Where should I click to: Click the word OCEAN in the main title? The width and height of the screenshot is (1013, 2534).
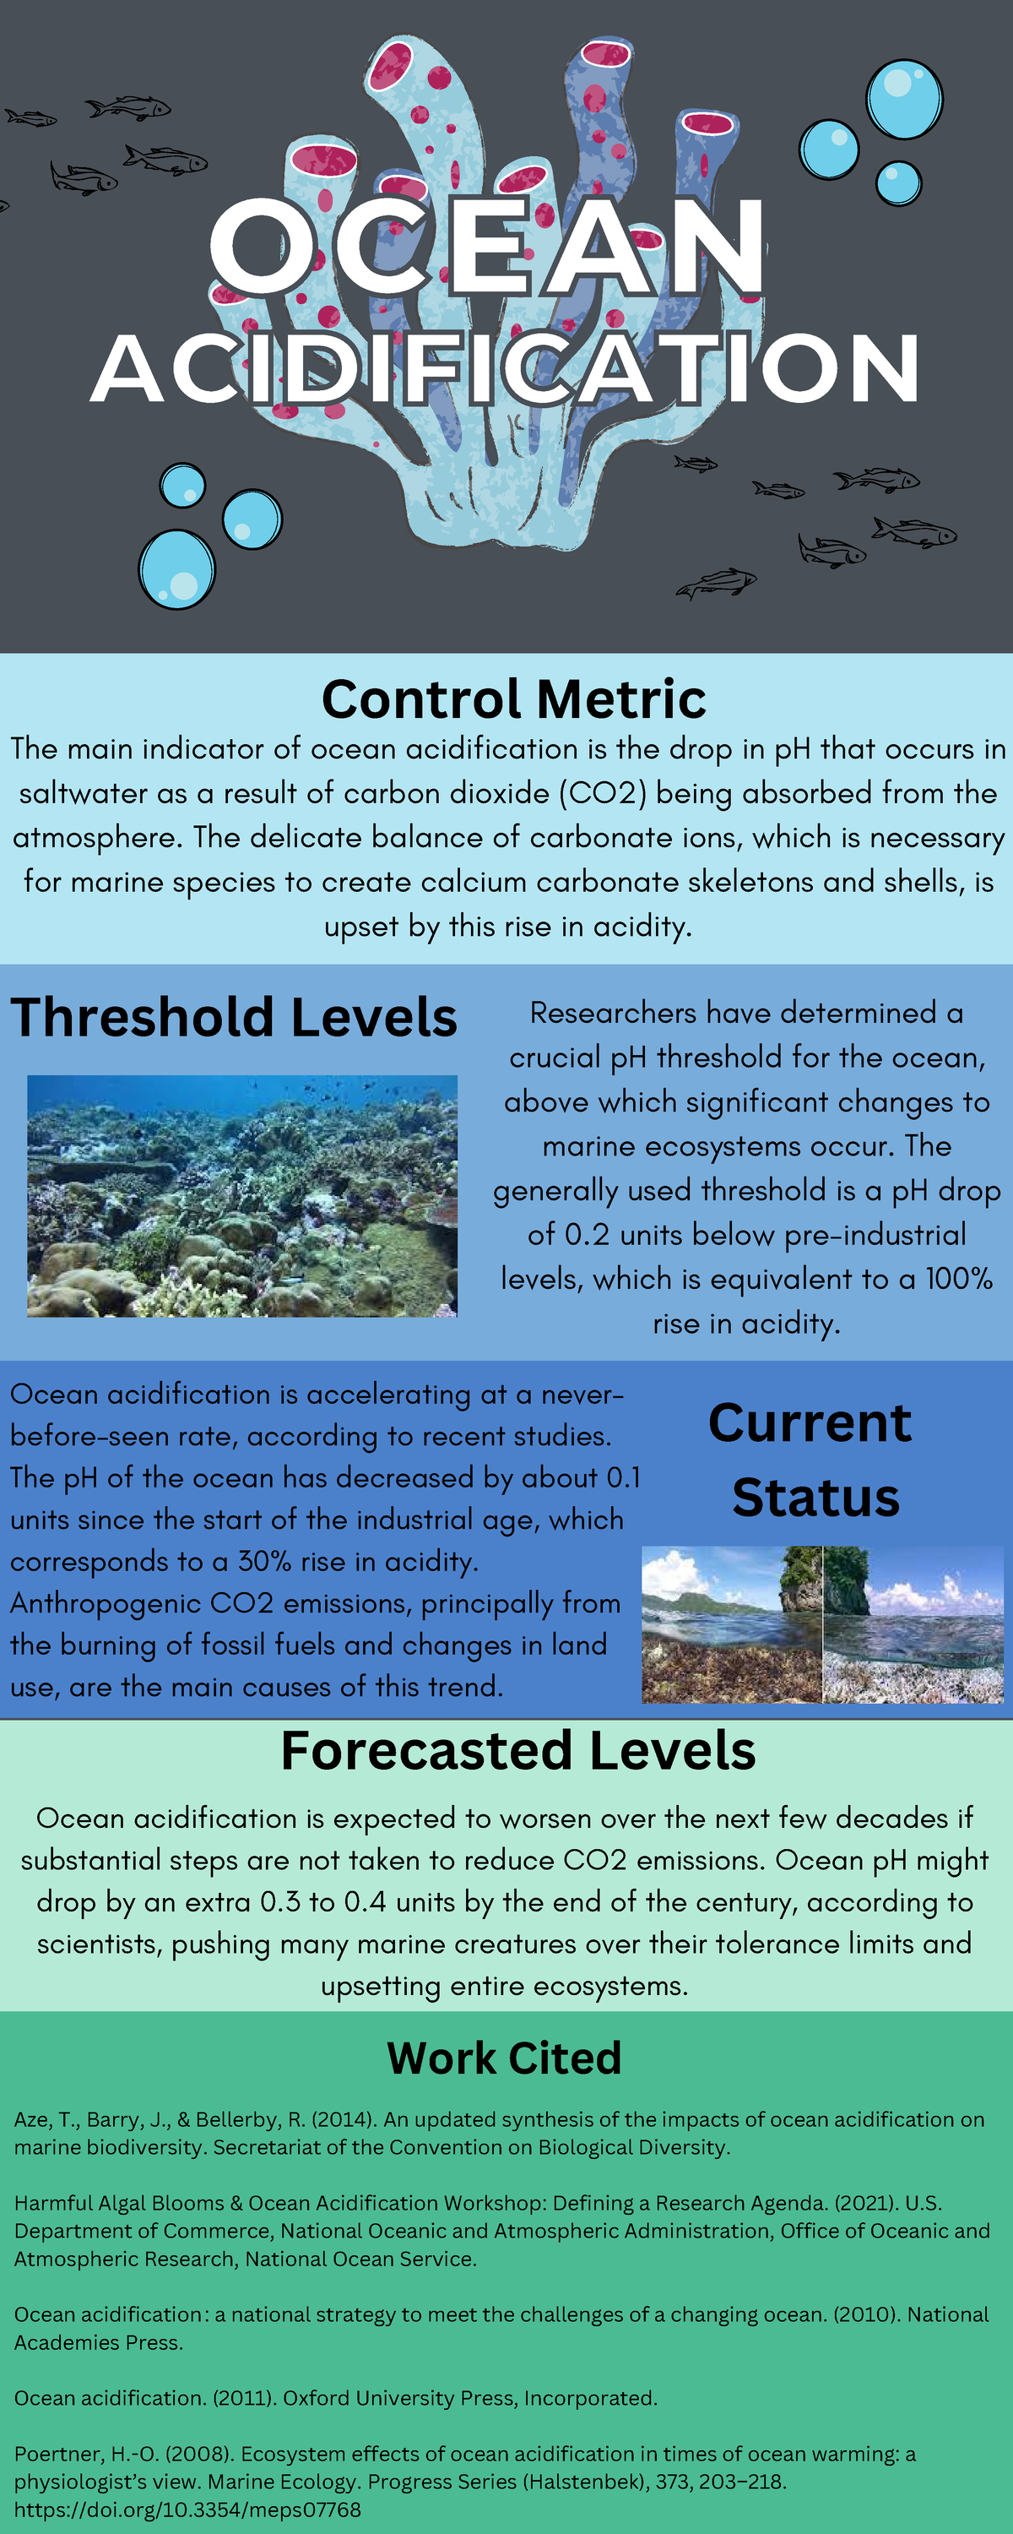click(x=487, y=247)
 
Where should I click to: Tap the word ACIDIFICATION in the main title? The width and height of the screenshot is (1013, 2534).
click(x=505, y=369)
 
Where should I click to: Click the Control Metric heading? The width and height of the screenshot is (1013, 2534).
click(x=513, y=699)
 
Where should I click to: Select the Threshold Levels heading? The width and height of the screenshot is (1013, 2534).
click(x=234, y=1017)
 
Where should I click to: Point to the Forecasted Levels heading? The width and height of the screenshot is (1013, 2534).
click(x=518, y=1751)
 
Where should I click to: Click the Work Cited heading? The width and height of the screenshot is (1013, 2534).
click(x=505, y=2058)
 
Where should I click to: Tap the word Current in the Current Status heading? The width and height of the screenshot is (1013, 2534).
click(x=810, y=1423)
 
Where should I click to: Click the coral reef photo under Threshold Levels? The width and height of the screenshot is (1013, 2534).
click(x=242, y=1196)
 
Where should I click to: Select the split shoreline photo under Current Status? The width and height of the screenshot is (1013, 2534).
click(x=822, y=1624)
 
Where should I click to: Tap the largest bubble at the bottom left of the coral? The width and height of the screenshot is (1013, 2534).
click(x=177, y=569)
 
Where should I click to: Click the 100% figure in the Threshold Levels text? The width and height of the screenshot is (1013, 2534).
click(x=959, y=1279)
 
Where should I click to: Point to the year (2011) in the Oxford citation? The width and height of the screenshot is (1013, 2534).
click(x=245, y=2398)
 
